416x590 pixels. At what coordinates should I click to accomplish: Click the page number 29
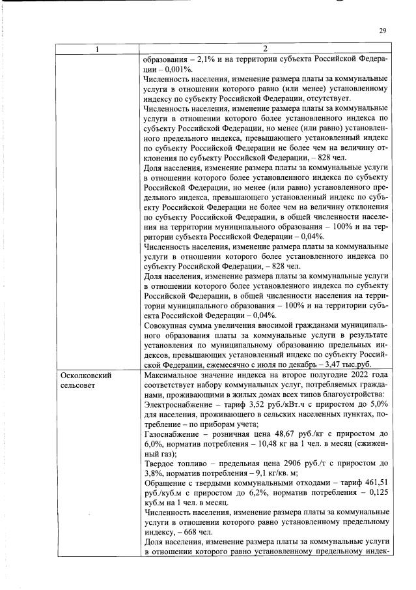383,30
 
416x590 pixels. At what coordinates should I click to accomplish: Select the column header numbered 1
98,49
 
